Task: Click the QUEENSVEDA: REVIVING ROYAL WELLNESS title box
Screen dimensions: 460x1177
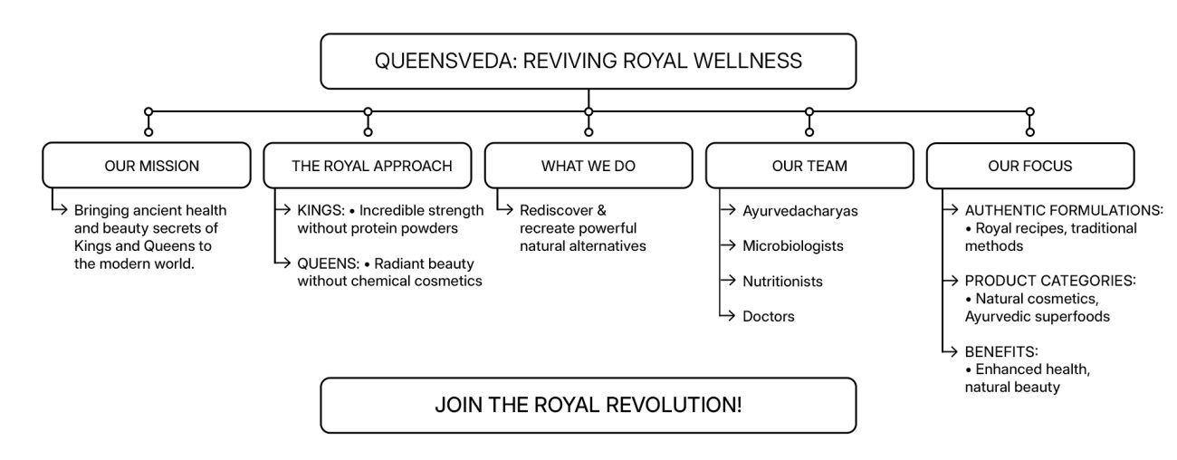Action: (588, 62)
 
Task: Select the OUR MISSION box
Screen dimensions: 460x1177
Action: (146, 166)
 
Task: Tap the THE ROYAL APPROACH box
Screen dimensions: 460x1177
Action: (367, 166)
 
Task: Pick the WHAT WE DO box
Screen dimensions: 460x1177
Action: (588, 166)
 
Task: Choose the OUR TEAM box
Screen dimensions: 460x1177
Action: (809, 166)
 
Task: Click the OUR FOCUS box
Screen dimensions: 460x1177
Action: (1029, 166)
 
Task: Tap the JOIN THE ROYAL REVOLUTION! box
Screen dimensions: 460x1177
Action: (588, 405)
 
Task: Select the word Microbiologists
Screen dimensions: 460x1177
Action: (792, 246)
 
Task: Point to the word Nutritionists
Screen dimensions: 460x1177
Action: (782, 282)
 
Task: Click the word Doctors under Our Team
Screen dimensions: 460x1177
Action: (769, 316)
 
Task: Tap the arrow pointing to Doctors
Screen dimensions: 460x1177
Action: (727, 316)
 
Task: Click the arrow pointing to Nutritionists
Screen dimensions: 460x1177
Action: (727, 282)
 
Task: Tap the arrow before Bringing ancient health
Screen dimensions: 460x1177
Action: (61, 211)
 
